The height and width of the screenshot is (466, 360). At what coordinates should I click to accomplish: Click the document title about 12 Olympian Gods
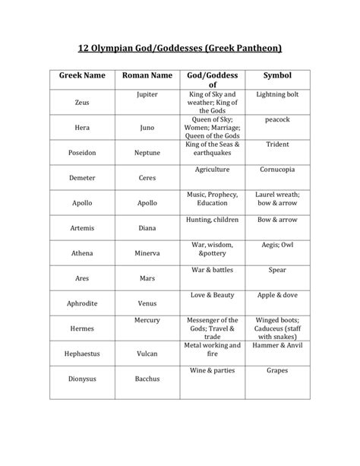tap(180, 49)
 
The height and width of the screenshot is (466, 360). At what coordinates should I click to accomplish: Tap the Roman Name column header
tap(147, 77)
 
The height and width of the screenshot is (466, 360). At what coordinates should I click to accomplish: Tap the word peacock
tap(277, 119)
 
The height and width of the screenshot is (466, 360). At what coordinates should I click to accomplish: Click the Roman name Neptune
tap(147, 154)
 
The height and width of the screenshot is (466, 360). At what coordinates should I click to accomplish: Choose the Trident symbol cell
tap(277, 144)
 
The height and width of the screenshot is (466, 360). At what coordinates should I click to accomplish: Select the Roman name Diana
tap(147, 228)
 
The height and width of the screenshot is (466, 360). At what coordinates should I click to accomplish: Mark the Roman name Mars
tap(147, 278)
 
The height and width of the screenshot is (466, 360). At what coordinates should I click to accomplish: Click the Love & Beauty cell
tap(212, 293)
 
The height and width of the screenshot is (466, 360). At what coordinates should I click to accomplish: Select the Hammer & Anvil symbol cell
tap(277, 345)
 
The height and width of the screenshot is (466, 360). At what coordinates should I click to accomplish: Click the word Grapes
tap(277, 371)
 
